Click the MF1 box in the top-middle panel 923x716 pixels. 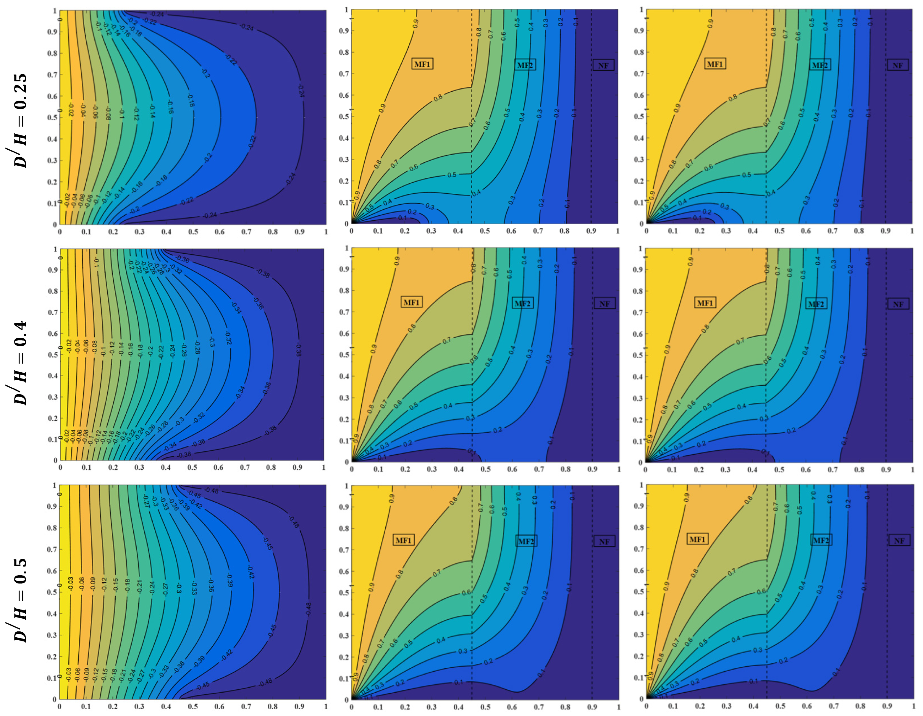(422, 64)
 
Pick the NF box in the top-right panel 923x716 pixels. (898, 66)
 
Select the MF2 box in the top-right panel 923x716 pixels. (820, 65)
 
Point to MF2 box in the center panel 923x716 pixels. (522, 303)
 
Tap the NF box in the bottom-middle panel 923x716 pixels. (604, 542)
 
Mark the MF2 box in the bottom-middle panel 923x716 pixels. (526, 542)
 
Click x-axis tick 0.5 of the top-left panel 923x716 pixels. (193, 232)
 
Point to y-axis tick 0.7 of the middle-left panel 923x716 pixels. (52, 312)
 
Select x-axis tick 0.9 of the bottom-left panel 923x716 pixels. (299, 706)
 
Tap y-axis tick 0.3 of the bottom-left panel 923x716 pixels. (51, 635)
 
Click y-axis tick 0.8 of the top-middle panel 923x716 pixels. (344, 52)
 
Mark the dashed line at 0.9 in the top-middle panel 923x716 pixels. (591, 127)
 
